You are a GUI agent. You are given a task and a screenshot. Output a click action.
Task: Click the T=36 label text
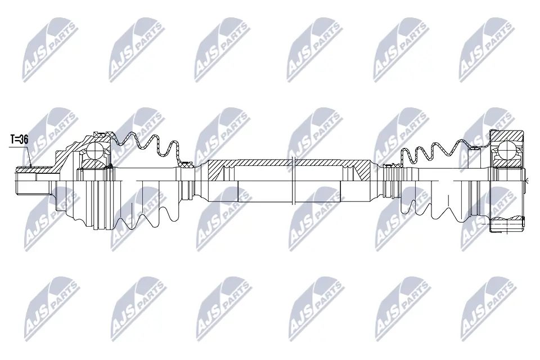pyautogui.click(x=20, y=139)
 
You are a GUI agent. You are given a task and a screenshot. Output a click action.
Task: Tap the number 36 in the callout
pyautogui.click(x=23, y=139)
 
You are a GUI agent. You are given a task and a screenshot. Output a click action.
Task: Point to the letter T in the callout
pyautogui.click(x=13, y=139)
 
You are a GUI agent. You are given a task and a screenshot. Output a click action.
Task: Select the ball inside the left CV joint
pyautogui.click(x=96, y=150)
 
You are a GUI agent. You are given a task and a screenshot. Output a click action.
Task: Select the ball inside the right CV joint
pyautogui.click(x=507, y=151)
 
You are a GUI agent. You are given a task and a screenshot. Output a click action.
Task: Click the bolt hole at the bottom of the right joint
pyautogui.click(x=506, y=225)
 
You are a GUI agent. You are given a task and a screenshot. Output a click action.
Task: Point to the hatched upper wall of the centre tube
pyautogui.click(x=281, y=163)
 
